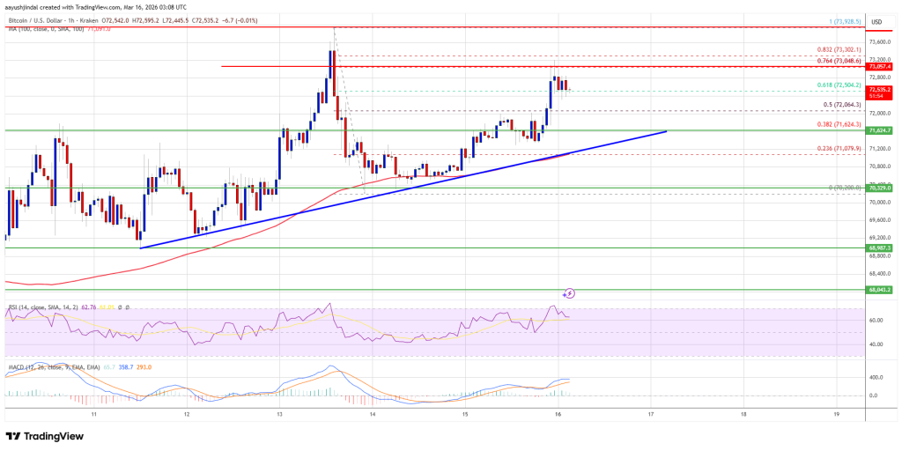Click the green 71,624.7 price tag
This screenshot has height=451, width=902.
point(881,130)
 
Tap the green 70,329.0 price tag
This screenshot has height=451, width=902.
point(881,188)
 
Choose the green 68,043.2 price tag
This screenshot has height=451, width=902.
point(881,289)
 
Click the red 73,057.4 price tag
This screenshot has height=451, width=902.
point(881,66)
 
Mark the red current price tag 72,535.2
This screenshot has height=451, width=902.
point(881,90)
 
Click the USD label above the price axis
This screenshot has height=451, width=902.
point(876,21)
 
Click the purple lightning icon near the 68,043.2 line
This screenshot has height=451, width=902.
point(569,292)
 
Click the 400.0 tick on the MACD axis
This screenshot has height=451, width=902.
point(876,377)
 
